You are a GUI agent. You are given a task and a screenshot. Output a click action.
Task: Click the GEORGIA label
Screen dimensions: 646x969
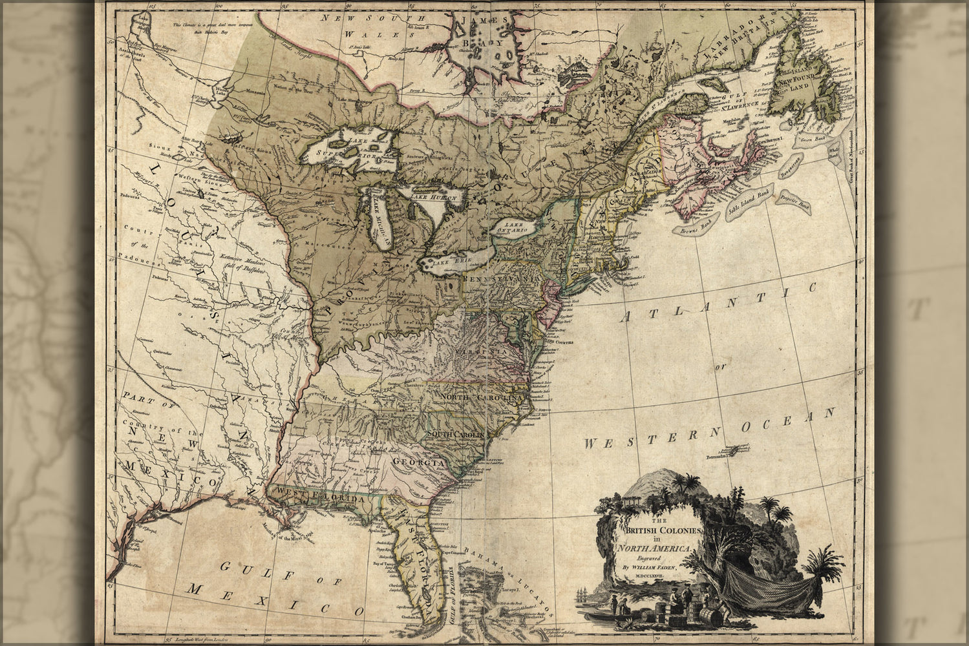coord(416,463)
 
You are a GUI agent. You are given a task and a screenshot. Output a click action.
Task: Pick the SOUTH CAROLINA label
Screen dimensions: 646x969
coord(455,435)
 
